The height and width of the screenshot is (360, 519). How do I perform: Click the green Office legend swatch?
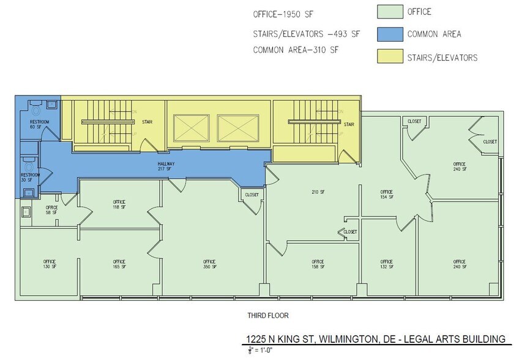pyautogui.click(x=388, y=12)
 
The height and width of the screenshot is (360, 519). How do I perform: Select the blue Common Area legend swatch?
pyautogui.click(x=388, y=34)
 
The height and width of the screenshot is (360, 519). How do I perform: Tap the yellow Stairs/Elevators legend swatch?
pyautogui.click(x=388, y=57)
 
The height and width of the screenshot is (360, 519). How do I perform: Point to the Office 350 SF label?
pyautogui.click(x=209, y=264)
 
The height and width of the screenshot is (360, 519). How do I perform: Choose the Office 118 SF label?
pyautogui.click(x=119, y=204)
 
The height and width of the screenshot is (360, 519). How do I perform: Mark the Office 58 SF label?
pyautogui.click(x=51, y=210)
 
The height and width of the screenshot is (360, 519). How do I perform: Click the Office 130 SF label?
pyautogui.click(x=50, y=264)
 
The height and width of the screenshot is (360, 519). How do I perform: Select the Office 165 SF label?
pyautogui.click(x=119, y=264)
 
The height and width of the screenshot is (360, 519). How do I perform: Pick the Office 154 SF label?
pyautogui.click(x=387, y=194)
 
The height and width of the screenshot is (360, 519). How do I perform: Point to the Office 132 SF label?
pyautogui.click(x=387, y=264)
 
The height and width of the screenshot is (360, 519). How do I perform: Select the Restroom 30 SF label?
pyautogui.click(x=31, y=178)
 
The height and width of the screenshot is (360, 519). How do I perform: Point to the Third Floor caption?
pyautogui.click(x=267, y=316)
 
